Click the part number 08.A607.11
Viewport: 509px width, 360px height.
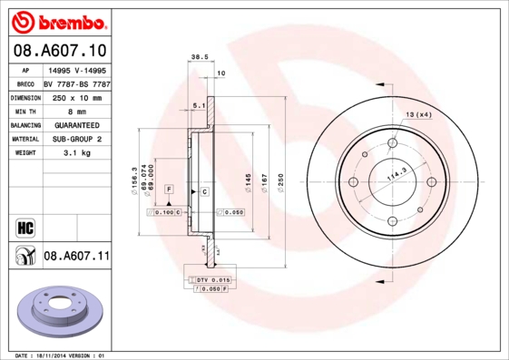(x=76, y=257)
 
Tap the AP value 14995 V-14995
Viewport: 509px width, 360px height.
(x=76, y=69)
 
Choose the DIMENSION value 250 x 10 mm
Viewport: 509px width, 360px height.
(x=76, y=96)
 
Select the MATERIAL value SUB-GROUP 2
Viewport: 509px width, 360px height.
(x=76, y=139)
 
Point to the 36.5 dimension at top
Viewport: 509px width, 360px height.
(x=195, y=56)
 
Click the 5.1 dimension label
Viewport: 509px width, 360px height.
(x=200, y=106)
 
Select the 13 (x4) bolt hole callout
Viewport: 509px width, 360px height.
(x=418, y=114)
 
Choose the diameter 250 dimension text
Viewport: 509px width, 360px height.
(x=280, y=181)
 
